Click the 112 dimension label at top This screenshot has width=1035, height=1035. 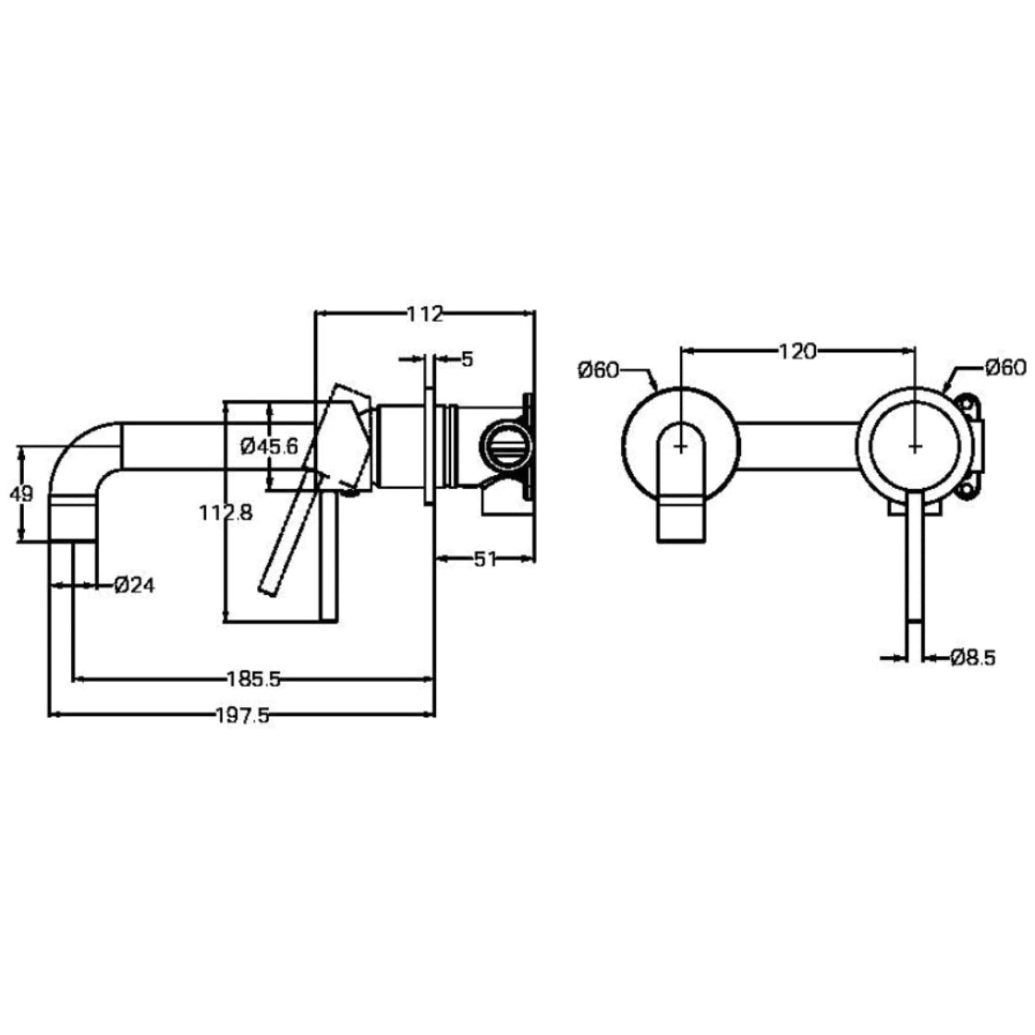pyautogui.click(x=425, y=314)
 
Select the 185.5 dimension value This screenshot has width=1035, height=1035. pyautogui.click(x=251, y=680)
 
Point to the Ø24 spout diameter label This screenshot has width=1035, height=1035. pyautogui.click(x=134, y=584)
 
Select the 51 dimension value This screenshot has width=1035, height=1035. pyautogui.click(x=486, y=557)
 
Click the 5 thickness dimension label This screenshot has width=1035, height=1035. pyautogui.click(x=467, y=359)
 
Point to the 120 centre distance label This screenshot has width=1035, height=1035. pyautogui.click(x=798, y=351)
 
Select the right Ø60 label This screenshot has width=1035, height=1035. pyautogui.click(x=1005, y=367)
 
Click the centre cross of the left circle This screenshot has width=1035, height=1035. pyautogui.click(x=681, y=445)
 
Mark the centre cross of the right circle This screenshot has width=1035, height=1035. pyautogui.click(x=915, y=445)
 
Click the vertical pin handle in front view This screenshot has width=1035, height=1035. pyautogui.click(x=914, y=573)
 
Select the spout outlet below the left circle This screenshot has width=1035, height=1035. pyautogui.click(x=681, y=522)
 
